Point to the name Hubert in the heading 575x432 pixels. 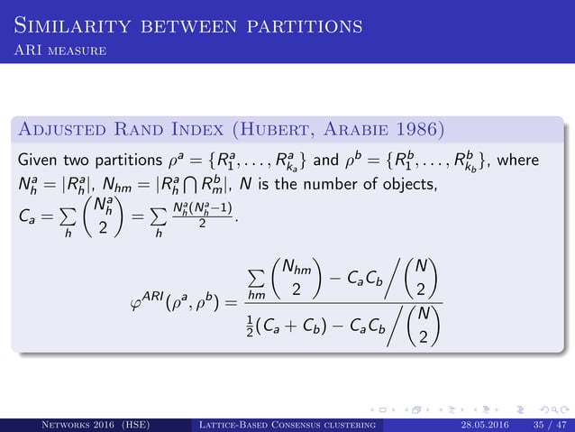pyautogui.click(x=298, y=131)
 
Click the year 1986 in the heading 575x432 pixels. pyautogui.click(x=419, y=131)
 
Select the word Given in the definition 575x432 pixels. pyautogui.click(x=38, y=160)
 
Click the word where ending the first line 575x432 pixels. pyautogui.click(x=537, y=160)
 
